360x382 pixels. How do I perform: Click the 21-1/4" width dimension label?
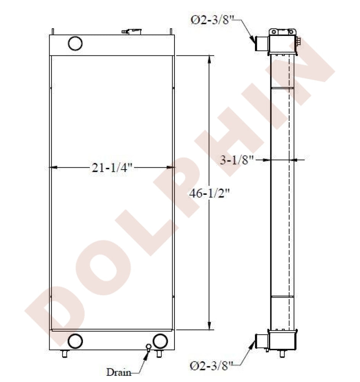(112, 168)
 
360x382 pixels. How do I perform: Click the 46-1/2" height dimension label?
(210, 194)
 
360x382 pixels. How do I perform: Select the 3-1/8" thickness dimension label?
(237, 160)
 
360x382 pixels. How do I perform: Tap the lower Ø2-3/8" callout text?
(211, 366)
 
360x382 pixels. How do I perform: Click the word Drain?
(119, 372)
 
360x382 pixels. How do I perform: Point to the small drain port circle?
(149, 347)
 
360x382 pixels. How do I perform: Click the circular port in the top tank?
(75, 44)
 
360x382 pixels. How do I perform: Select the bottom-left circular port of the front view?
(75, 341)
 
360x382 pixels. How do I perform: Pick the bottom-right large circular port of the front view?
(160, 341)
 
